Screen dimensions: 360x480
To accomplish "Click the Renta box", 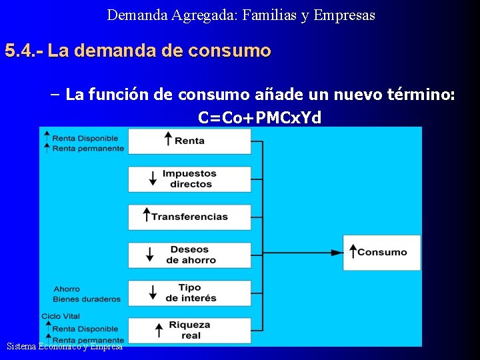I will [x=189, y=141].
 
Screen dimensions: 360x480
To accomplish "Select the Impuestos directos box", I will [x=189, y=179].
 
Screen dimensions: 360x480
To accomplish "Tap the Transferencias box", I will [x=189, y=217].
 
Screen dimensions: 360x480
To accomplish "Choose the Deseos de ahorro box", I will [x=189, y=255].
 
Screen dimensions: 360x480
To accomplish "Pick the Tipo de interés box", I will [x=189, y=293].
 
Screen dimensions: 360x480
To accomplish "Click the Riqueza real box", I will [x=189, y=330].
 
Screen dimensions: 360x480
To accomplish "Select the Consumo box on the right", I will [x=381, y=252].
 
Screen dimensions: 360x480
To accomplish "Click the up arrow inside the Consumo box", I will [x=352, y=251].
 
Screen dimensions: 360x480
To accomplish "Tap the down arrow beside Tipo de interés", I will [x=153, y=293].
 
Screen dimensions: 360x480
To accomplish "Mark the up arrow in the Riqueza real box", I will [x=158, y=330].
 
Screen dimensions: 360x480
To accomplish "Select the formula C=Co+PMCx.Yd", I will [x=259, y=118].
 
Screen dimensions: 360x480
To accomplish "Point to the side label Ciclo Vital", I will [x=61, y=316].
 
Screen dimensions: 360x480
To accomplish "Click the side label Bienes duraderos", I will [x=87, y=299].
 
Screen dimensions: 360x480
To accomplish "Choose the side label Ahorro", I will [x=67, y=289].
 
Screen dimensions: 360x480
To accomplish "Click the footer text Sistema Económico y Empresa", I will [x=65, y=346].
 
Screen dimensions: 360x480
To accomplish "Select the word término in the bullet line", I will [x=421, y=95].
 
